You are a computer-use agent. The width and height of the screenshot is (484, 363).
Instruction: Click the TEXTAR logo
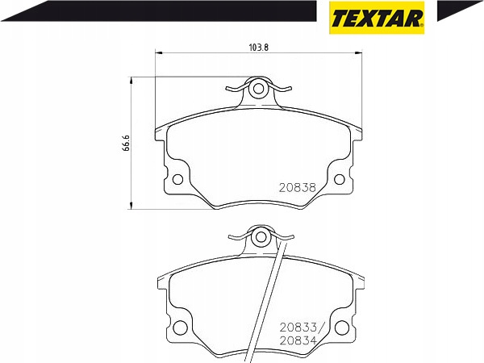[377, 18]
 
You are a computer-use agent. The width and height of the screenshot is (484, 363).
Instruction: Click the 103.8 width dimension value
[258, 48]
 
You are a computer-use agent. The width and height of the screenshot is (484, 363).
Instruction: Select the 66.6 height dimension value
[126, 143]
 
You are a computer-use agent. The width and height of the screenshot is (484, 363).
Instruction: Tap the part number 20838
[298, 187]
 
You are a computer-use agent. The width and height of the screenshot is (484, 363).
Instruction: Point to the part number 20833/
[300, 327]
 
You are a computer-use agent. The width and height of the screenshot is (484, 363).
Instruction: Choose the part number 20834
[298, 340]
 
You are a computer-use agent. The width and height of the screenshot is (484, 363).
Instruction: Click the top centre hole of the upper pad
[258, 89]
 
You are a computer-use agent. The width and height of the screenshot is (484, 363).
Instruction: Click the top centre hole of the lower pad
[261, 237]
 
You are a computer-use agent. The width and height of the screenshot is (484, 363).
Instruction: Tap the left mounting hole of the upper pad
[177, 179]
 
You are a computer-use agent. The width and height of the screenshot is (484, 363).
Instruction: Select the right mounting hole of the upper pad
[340, 179]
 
